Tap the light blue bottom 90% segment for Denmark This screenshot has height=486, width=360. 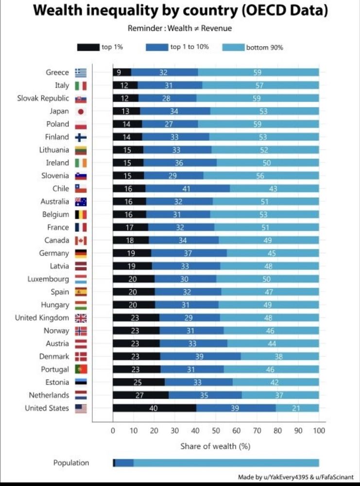click(280, 356)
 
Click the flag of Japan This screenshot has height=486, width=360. click(81, 111)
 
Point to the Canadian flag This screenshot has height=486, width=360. click(81, 240)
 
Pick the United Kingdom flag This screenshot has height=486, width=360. click(81, 318)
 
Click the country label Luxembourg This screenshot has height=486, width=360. click(48, 279)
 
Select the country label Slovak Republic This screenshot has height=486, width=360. click(43, 98)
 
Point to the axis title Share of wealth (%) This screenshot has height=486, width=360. click(215, 446)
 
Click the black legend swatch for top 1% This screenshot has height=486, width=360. click(87, 48)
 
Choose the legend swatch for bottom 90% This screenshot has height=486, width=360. click(233, 48)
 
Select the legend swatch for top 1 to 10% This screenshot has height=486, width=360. click(156, 48)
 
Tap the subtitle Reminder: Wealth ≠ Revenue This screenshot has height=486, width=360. click(180, 28)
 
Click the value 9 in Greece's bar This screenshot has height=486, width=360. click(120, 72)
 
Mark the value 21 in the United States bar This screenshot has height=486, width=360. click(296, 408)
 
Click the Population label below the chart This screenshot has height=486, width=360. click(71, 463)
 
